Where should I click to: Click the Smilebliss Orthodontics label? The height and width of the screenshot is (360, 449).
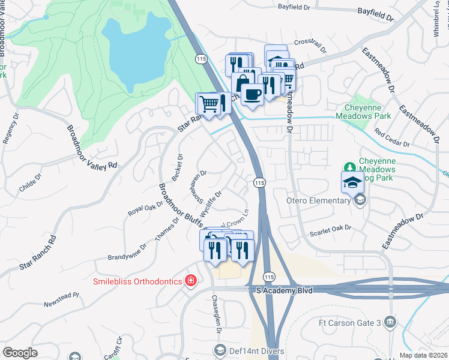pos(138,281)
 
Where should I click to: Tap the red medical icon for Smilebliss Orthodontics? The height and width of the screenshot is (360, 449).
pos(191,281)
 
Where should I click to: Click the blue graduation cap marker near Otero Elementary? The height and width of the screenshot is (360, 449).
pos(352,182)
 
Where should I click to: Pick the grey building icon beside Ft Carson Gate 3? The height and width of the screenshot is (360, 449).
pos(391,323)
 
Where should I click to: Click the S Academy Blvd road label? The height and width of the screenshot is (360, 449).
pos(282,290)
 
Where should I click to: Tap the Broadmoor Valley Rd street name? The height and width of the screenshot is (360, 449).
pos(90,148)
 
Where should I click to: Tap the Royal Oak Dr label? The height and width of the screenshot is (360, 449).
pos(146,207)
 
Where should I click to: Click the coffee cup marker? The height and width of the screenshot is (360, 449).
pos(252,94)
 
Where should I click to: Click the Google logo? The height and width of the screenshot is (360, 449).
pos(20,353)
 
